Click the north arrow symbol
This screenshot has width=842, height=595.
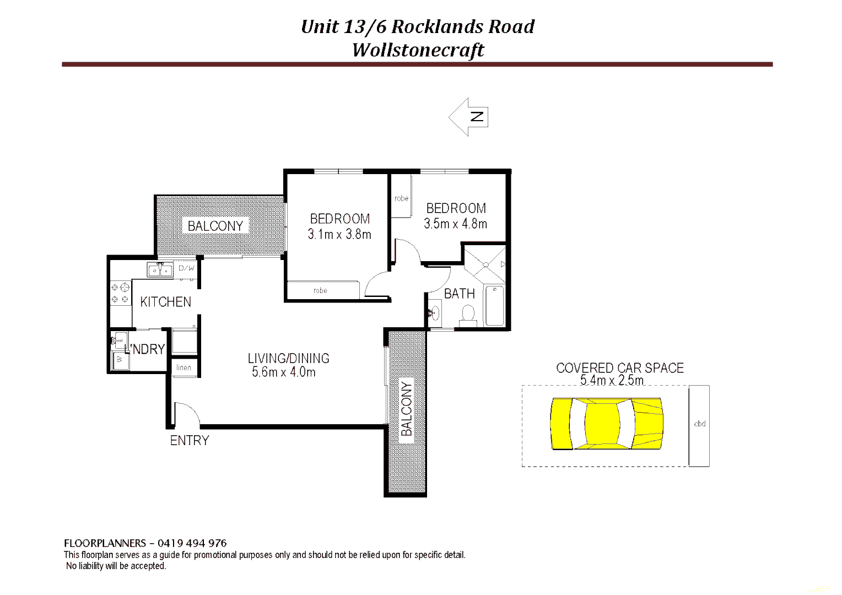pos(469,117)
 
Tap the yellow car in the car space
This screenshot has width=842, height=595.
pos(606,424)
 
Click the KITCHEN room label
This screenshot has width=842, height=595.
pos(165,302)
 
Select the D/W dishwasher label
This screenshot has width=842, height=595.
pos(186,268)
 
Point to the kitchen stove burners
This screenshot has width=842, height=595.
pos(120,293)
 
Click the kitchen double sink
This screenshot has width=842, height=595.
pos(160,270)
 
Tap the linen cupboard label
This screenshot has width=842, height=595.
pos(183,367)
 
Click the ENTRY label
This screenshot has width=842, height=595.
pos(190,441)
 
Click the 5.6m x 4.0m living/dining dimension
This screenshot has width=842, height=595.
pos(284,372)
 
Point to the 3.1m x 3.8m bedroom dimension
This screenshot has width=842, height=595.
pos(339,234)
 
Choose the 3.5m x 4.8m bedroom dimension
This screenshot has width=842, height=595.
pos(455,224)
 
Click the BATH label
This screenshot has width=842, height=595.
pos(459,294)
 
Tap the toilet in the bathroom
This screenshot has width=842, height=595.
pos(468,315)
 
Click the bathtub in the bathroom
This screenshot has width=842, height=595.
pos(494,306)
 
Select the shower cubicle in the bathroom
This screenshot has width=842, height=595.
pos(485,264)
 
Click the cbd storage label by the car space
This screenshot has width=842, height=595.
pos(699,424)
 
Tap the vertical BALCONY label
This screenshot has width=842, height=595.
pos(407,408)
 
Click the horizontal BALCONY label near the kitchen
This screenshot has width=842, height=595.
pos(215,226)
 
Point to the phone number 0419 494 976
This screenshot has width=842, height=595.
pos(192,543)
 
